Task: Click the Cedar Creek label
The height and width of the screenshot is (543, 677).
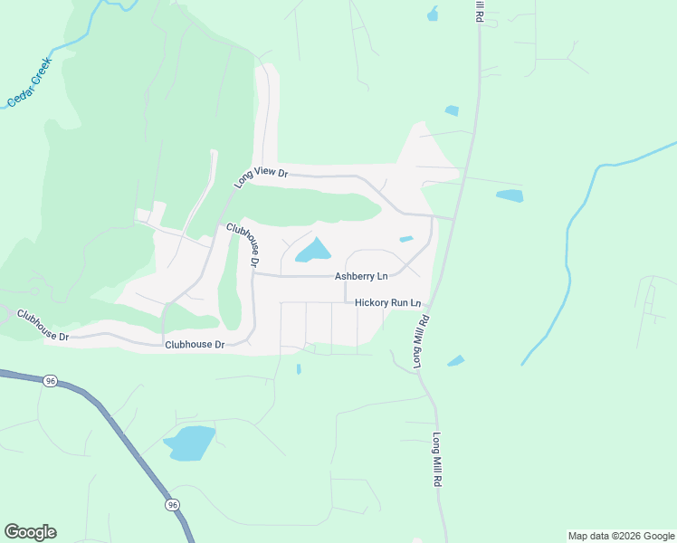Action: pos(30,82)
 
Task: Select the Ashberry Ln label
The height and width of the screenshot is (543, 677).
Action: pos(361,276)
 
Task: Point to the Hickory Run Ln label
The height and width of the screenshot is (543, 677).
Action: pos(388,302)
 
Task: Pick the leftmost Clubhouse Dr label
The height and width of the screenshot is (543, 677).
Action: pos(43,326)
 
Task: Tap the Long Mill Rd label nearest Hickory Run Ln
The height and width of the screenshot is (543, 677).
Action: pos(421,342)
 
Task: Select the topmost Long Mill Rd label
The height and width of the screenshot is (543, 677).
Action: pos(480,11)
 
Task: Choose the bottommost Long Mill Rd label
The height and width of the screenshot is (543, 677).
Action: pos(437,461)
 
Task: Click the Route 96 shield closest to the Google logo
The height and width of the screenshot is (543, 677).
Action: pos(172,504)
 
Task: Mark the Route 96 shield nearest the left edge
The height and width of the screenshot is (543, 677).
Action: pos(50,381)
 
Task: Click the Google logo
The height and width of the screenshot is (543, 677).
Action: pos(30,532)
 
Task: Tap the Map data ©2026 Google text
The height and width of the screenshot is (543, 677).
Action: pos(621,536)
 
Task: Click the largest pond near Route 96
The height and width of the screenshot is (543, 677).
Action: pos(190,443)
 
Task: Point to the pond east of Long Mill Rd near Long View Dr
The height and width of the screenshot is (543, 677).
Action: pos(510,195)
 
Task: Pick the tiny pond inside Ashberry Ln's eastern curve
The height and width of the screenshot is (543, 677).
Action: pos(406,239)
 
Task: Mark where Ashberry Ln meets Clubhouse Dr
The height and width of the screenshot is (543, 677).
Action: pos(254,275)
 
